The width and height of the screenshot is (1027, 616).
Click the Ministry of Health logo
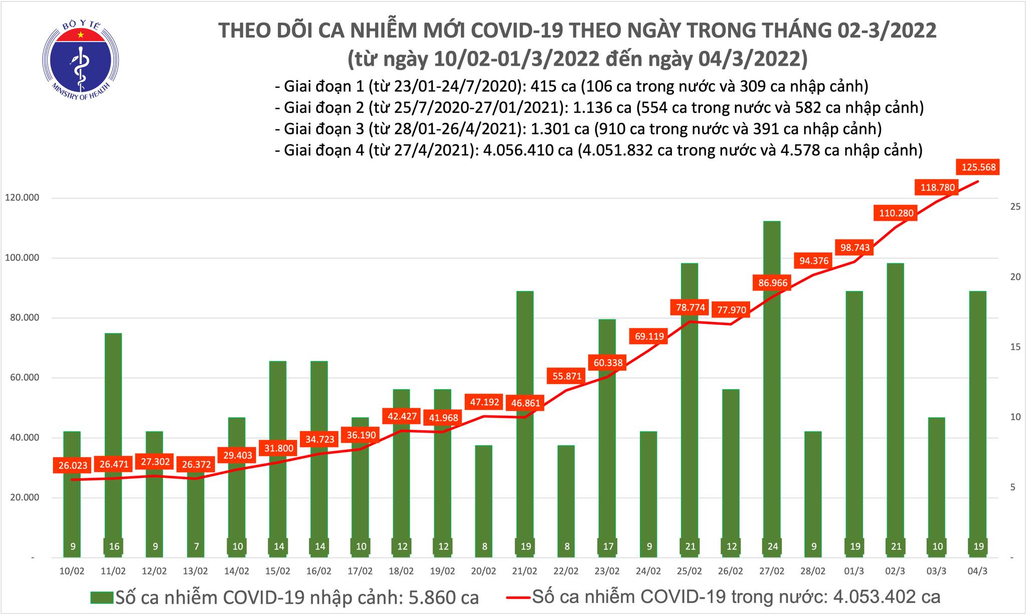(x=80, y=60)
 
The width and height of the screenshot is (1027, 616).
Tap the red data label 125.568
(x=978, y=167)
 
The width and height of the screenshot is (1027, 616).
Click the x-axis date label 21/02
(x=525, y=571)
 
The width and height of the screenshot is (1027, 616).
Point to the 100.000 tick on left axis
(x=22, y=258)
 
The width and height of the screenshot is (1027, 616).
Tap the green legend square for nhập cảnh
(x=102, y=597)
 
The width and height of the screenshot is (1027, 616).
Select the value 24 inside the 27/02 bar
(x=772, y=546)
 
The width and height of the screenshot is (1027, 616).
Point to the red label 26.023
(x=73, y=466)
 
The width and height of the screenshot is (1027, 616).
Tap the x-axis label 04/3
(x=978, y=571)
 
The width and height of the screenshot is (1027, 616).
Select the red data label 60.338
(x=608, y=363)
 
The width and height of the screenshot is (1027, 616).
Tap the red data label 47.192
(x=484, y=402)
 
